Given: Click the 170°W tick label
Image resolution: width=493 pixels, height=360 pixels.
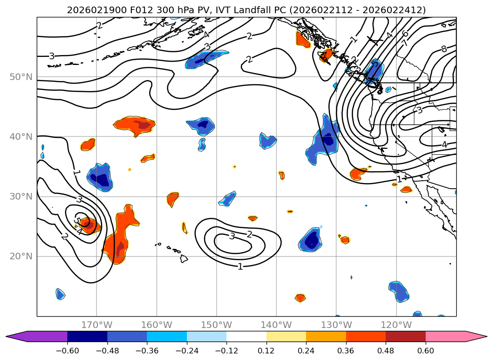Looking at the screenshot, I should point(97,325).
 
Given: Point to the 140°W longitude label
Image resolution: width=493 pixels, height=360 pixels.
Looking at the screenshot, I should point(276,325).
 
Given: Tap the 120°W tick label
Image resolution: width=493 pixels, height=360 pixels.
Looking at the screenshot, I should point(396,325).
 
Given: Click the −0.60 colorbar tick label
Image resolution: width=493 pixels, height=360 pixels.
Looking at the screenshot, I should point(67,351).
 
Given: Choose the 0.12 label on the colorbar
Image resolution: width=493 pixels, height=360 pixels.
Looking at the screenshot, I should point(266,351).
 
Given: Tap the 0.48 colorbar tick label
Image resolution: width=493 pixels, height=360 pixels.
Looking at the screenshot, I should point(386,351).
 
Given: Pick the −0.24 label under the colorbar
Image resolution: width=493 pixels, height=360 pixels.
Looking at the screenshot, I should point(186,351).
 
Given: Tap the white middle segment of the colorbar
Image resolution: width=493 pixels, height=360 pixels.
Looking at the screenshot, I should point(246,336).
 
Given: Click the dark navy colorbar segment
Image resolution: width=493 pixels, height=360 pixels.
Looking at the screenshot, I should point(87,336).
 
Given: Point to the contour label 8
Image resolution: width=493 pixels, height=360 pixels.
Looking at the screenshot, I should point(443,49).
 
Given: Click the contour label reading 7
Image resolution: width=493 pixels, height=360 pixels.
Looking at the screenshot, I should point(405,43).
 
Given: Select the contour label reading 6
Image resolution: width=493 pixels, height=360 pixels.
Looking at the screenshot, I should point(405,33).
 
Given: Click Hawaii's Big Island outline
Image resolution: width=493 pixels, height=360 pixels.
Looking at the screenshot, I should point(184,258).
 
